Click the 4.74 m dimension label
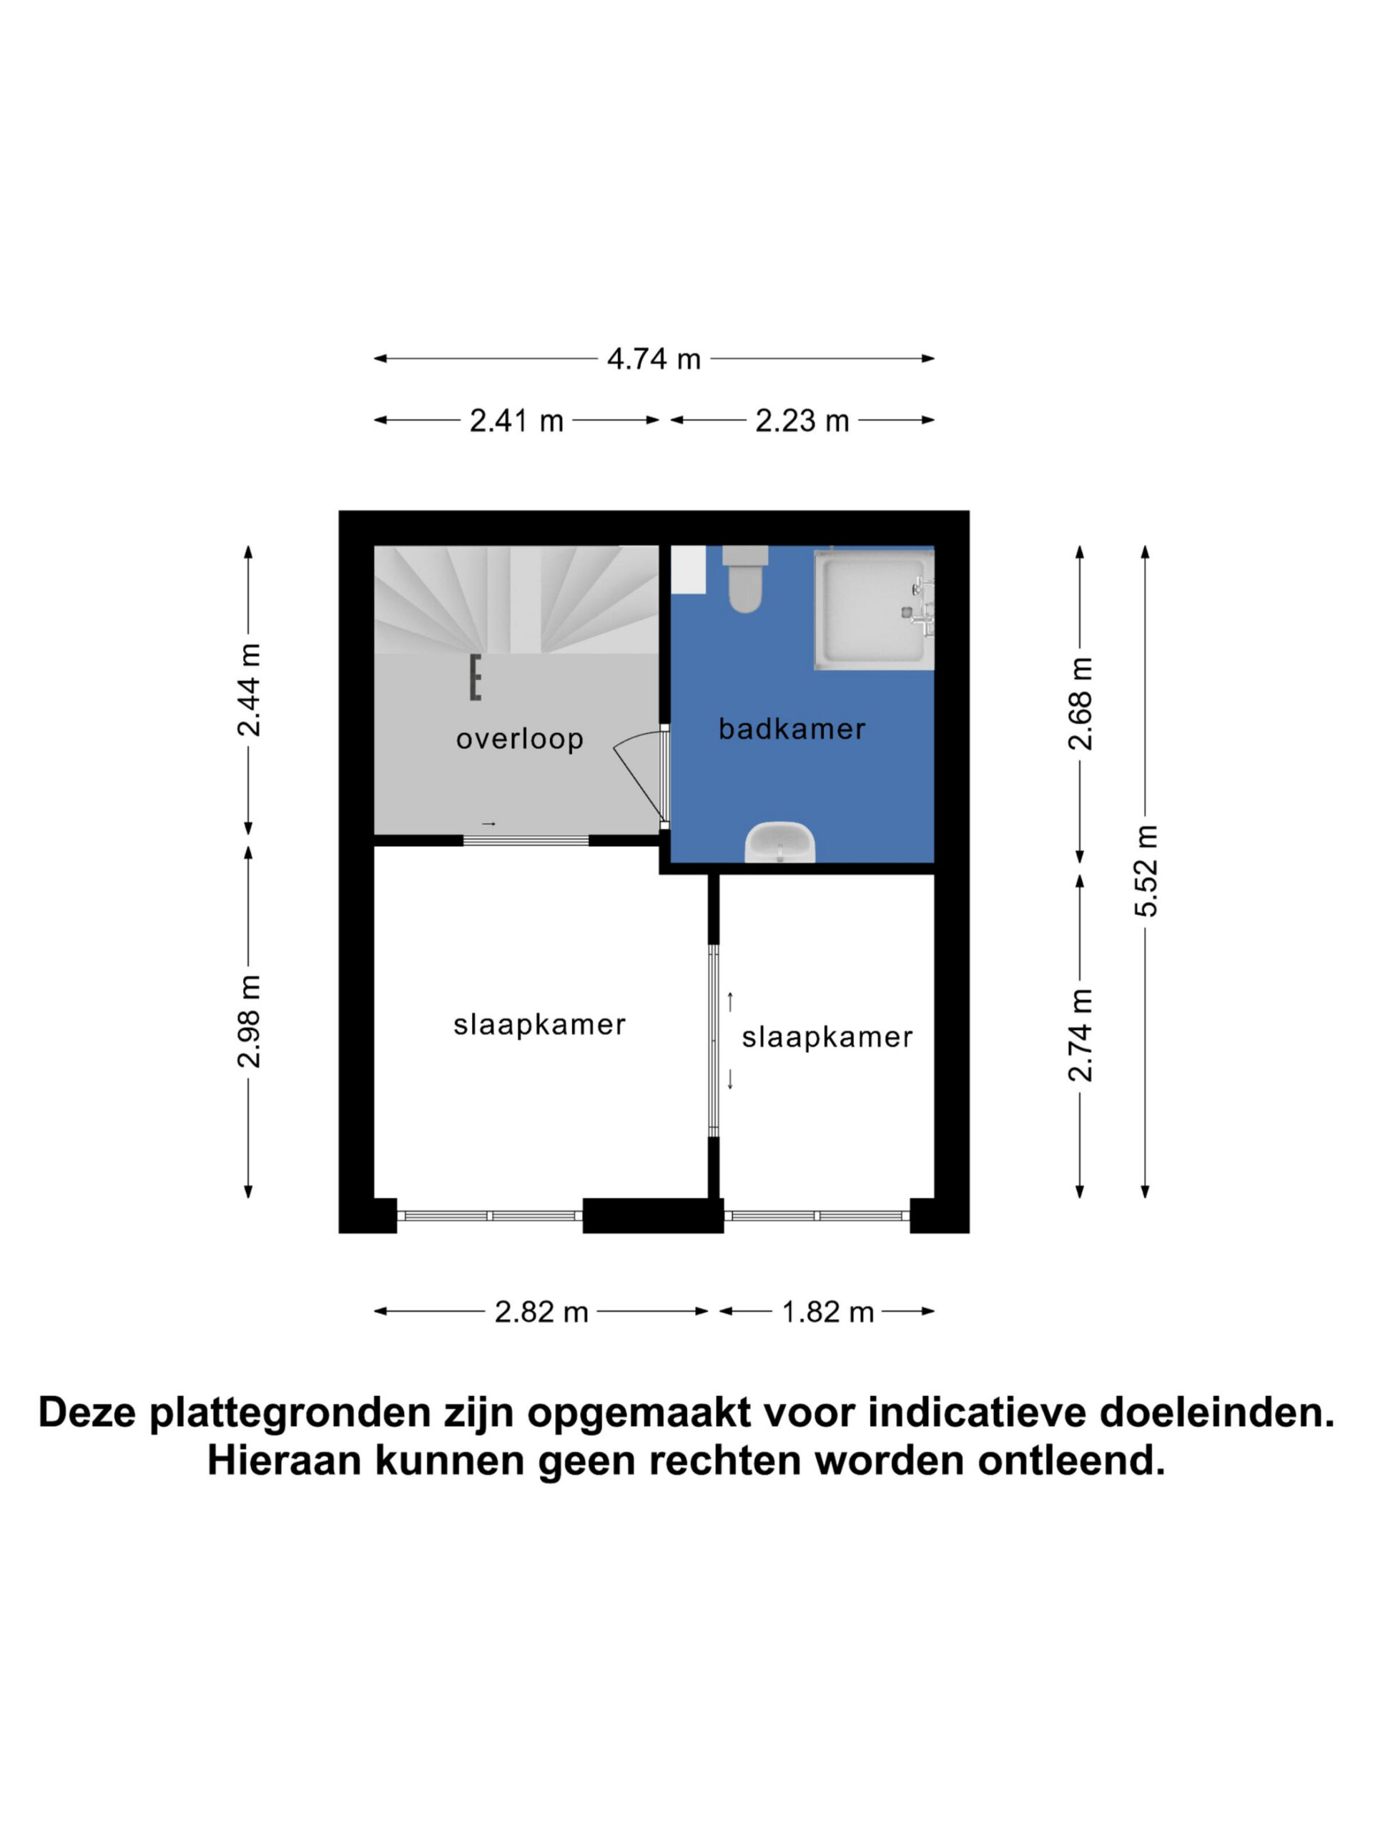(654, 358)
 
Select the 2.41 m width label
(516, 421)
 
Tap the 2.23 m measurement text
(802, 421)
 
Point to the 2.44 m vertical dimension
(249, 689)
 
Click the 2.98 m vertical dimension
(249, 1021)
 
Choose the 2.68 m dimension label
(1080, 704)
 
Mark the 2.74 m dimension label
(1080, 1035)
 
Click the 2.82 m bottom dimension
(541, 1312)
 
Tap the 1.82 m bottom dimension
(827, 1312)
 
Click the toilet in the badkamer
(745, 579)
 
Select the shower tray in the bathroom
(873, 609)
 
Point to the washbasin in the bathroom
(779, 842)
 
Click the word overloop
(520, 738)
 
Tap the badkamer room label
(792, 730)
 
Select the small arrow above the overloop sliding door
(488, 824)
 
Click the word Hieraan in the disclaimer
(284, 1461)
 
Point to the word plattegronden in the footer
(291, 1415)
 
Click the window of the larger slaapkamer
(490, 1216)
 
